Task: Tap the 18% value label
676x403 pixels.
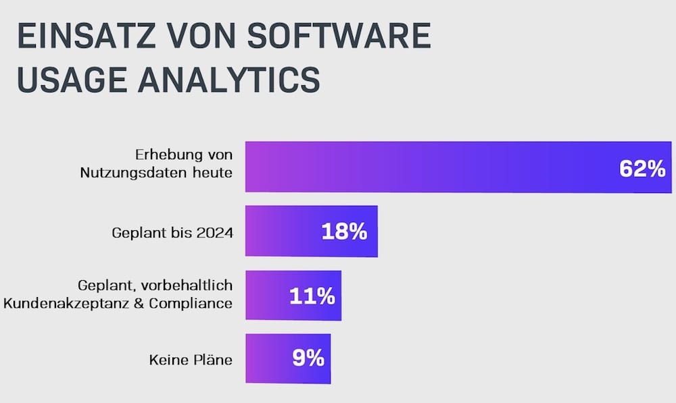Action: point(344,232)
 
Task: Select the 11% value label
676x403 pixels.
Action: point(312,296)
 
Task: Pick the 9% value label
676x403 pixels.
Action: point(308,358)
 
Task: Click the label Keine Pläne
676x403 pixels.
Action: point(191,360)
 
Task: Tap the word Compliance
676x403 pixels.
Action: point(191,303)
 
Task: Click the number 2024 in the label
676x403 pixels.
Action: point(216,233)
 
